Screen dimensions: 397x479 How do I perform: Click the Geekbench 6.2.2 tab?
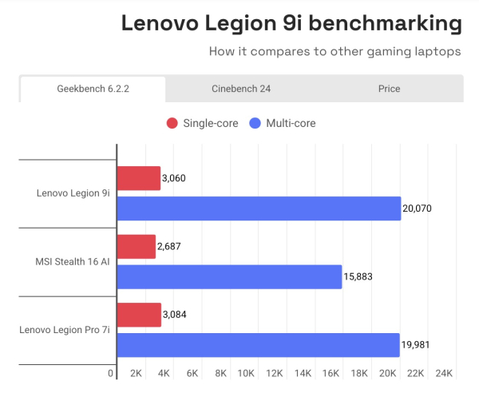point(93,89)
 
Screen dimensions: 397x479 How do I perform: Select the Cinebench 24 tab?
point(240,89)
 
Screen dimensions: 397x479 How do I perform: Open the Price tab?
point(389,89)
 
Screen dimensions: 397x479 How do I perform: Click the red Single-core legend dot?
point(172,123)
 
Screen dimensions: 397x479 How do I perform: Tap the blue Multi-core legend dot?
point(255,123)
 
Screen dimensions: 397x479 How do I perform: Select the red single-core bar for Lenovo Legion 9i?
point(138,178)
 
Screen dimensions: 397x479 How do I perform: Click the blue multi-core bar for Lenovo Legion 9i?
point(259,208)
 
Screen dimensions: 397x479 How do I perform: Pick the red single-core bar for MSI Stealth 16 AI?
point(136,247)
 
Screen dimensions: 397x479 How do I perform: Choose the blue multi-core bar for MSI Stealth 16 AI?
point(229,277)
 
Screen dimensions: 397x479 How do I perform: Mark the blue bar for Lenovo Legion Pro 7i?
point(258,345)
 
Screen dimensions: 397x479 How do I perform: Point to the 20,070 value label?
point(417,208)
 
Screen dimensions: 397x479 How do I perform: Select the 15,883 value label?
point(358,277)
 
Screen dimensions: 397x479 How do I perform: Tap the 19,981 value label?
point(416,345)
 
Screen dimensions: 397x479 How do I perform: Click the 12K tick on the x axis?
point(275,373)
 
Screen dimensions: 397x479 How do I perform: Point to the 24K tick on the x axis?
point(444,373)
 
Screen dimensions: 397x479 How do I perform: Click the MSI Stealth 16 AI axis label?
point(73,261)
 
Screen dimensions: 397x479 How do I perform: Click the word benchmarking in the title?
point(382,24)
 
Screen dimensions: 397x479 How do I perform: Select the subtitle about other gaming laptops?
point(335,52)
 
